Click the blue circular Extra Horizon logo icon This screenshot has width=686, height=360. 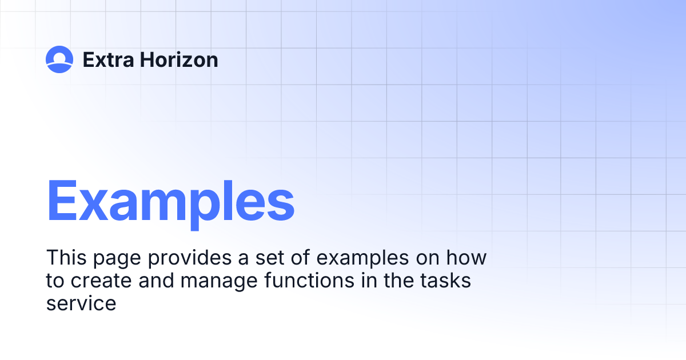coord(59,59)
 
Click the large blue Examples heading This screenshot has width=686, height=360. coord(170,201)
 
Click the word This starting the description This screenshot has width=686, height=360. coord(65,258)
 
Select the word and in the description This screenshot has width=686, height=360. coord(153,281)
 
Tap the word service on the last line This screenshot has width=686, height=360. coord(81,303)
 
